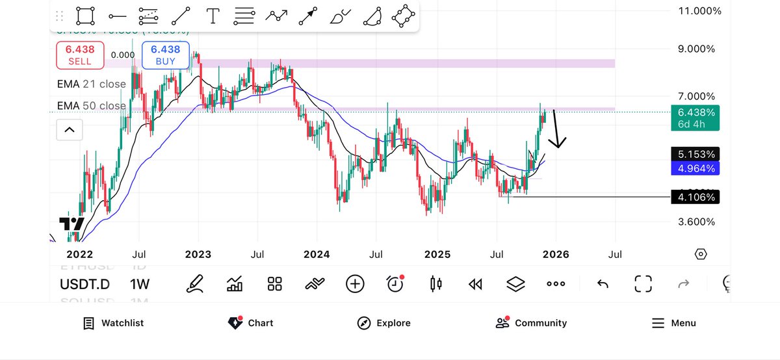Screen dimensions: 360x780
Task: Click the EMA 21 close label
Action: (x=91, y=84)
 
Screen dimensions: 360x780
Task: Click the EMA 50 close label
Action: (x=91, y=105)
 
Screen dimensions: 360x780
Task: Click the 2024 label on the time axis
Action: (x=317, y=254)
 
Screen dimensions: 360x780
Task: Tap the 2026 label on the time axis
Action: (x=556, y=254)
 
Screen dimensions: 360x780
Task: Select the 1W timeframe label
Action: (x=140, y=284)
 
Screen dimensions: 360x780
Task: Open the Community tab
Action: (x=531, y=323)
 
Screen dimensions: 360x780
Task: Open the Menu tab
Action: (x=673, y=323)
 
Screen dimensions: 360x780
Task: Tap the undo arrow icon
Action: (x=603, y=284)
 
